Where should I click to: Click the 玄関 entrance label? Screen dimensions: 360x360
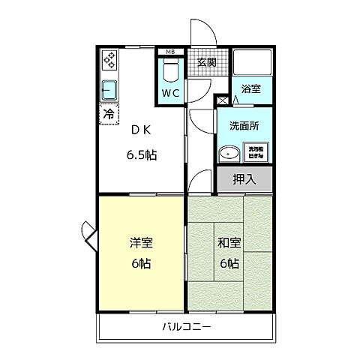pos(206,63)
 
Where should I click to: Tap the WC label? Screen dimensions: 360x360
pos(170,94)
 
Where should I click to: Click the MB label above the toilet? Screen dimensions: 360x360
pos(170,52)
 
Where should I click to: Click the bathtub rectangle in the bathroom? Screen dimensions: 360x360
pos(251,63)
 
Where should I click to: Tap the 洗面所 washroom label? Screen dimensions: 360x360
pos(244,126)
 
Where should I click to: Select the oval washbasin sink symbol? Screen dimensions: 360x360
pos(229,154)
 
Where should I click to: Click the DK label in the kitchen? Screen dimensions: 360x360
pos(141,129)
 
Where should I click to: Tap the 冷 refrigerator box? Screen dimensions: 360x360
pos(108,115)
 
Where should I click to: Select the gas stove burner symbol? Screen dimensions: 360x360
pos(109,61)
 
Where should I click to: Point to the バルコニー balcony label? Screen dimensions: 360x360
pos(186,327)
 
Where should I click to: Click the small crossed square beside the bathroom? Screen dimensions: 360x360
pos(223,99)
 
